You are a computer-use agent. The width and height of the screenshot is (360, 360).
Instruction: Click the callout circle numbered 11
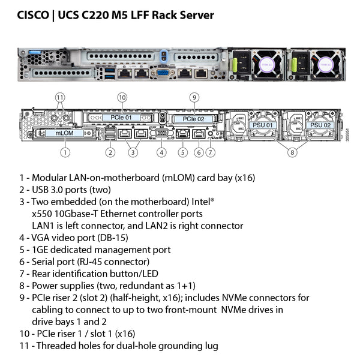coord(59,97)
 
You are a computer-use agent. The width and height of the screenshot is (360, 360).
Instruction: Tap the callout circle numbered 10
coord(122,97)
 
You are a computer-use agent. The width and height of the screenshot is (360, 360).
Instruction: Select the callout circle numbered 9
coord(194,97)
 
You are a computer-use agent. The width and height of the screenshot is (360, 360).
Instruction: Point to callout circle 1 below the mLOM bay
coord(64,152)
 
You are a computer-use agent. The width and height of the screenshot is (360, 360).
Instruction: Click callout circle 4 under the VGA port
coord(161,152)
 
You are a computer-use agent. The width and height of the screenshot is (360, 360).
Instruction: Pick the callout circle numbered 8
coord(293,152)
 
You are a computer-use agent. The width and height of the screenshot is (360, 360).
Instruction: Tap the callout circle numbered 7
coord(210,152)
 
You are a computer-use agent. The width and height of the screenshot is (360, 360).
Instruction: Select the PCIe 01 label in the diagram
coord(121,118)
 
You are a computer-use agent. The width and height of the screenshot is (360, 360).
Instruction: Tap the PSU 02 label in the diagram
coord(317,125)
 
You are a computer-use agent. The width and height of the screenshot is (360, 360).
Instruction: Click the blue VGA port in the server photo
coord(161,73)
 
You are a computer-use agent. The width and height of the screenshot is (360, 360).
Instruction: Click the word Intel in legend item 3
coord(202,202)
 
